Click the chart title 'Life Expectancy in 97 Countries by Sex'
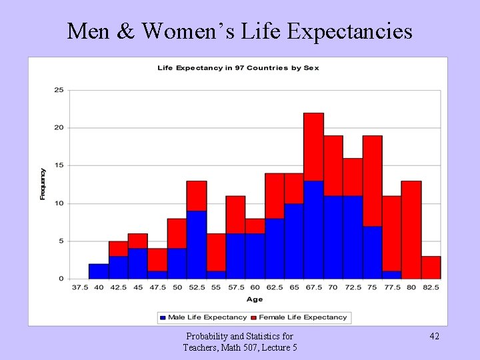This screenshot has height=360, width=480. point(238,68)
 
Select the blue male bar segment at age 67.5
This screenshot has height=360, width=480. point(314,229)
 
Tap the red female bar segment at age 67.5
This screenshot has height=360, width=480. point(314,147)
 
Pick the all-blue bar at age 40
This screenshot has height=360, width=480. point(99,271)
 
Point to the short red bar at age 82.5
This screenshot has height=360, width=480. point(431,267)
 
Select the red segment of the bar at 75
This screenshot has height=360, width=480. point(373,181)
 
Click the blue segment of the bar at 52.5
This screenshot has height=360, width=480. point(197,245)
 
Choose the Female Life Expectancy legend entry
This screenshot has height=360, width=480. point(304,317)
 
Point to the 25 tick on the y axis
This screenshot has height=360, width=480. point(59,90)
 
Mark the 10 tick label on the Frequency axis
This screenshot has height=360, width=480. point(59,203)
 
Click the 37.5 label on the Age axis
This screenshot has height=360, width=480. point(79,287)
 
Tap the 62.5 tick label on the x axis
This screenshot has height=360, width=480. point(275,287)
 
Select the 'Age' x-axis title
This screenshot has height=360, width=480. point(255,299)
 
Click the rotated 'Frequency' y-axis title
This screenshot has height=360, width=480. point(43,184)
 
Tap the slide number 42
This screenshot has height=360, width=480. point(433,337)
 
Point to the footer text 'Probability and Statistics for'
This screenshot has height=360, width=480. point(239,337)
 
